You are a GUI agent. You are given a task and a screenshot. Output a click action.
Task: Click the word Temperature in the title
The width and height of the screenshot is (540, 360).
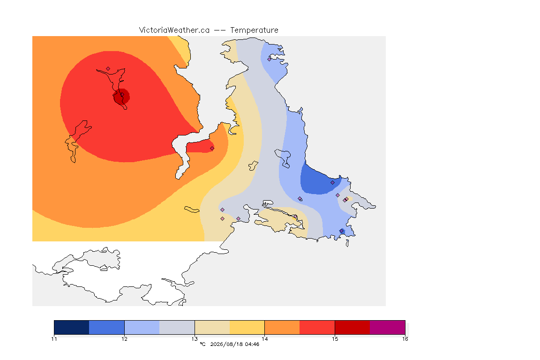[x=254, y=30]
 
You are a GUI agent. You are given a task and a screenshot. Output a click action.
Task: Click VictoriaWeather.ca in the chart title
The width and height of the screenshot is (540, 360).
[x=174, y=30]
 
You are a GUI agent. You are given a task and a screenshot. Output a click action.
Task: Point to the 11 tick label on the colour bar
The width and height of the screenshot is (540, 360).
[x=54, y=339]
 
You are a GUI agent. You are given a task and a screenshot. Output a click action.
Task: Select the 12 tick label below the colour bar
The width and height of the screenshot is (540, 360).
[x=124, y=339]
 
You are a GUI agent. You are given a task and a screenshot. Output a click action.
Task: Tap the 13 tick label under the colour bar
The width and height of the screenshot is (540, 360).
[x=195, y=339]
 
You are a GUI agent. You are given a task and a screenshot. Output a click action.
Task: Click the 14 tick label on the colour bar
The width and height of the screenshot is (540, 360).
[x=264, y=339]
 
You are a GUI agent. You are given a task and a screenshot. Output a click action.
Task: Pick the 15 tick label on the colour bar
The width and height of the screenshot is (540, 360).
[x=335, y=339]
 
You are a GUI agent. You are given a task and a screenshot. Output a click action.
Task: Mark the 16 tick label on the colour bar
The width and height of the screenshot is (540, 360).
[x=405, y=339]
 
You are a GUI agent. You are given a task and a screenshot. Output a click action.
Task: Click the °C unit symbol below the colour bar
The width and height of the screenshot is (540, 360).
[x=202, y=344]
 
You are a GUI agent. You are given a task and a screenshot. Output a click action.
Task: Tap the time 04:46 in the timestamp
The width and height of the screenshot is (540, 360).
[x=252, y=344]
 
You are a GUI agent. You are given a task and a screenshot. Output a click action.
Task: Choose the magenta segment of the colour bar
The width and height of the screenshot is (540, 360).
[x=388, y=327]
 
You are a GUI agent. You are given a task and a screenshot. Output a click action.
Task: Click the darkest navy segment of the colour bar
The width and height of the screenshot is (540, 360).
[x=72, y=327]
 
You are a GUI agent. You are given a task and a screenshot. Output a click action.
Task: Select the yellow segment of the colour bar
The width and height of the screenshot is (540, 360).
[x=247, y=327]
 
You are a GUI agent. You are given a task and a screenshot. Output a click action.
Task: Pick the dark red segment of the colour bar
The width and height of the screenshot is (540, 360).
[x=352, y=327]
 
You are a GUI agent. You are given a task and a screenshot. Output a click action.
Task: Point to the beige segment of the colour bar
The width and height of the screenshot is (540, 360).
[x=212, y=327]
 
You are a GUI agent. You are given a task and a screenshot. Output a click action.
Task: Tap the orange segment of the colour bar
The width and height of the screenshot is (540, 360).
[x=282, y=327]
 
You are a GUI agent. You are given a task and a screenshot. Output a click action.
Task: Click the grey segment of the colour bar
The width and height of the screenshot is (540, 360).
[x=177, y=327]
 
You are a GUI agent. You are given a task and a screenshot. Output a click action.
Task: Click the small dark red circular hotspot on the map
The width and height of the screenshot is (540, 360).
[x=121, y=97]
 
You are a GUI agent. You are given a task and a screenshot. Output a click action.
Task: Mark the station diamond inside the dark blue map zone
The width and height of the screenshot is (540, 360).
[x=332, y=183]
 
